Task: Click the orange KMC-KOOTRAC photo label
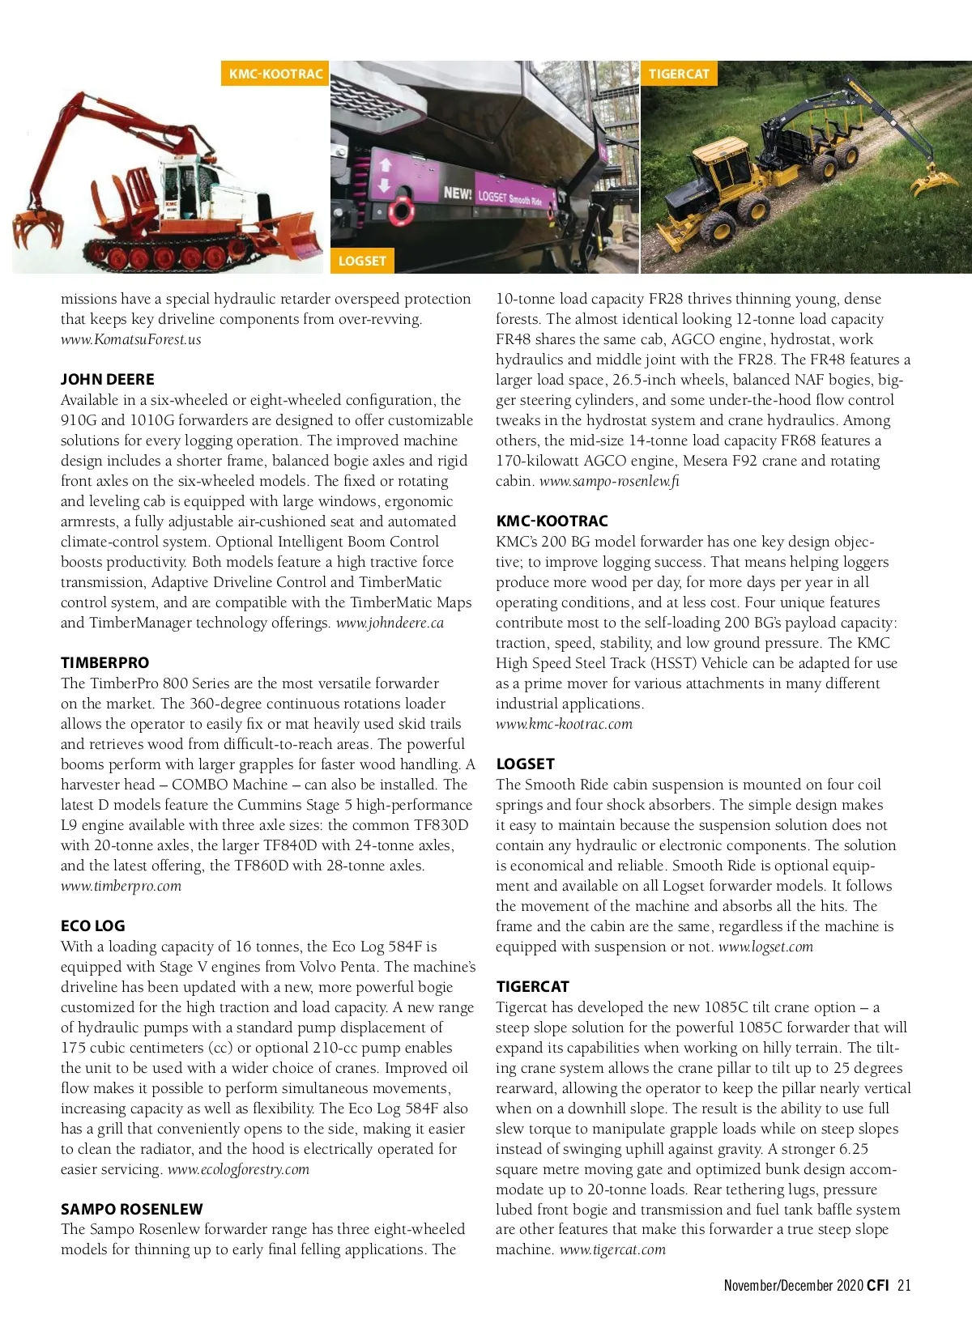tap(275, 74)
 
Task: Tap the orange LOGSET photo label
tap(362, 261)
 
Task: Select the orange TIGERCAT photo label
tap(679, 74)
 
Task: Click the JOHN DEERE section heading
tap(107, 379)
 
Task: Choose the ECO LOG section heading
tap(92, 925)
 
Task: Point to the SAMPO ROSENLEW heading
tap(131, 1209)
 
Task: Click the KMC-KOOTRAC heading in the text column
tap(552, 521)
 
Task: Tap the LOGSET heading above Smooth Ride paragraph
tap(525, 764)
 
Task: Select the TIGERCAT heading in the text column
tap(532, 986)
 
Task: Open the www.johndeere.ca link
tap(390, 623)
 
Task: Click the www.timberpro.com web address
tap(121, 886)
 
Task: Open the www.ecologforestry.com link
tap(238, 1169)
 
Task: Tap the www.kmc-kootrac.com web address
tap(564, 724)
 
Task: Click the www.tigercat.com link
tap(612, 1249)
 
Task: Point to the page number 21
tap(904, 1285)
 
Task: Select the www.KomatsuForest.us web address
tap(130, 339)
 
